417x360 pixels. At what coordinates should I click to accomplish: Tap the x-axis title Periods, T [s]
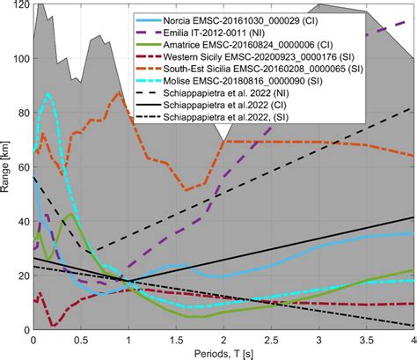(x=223, y=351)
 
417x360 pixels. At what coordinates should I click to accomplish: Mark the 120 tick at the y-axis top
(x=21, y=5)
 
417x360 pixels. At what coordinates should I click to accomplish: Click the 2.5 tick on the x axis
(x=271, y=338)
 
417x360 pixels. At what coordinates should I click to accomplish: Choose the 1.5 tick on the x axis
(x=176, y=338)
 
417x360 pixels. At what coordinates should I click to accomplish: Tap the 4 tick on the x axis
(x=411, y=338)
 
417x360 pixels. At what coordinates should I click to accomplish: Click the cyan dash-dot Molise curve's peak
(x=48, y=93)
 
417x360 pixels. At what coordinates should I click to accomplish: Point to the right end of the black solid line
(x=413, y=217)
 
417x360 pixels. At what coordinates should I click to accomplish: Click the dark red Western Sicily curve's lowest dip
(x=53, y=325)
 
